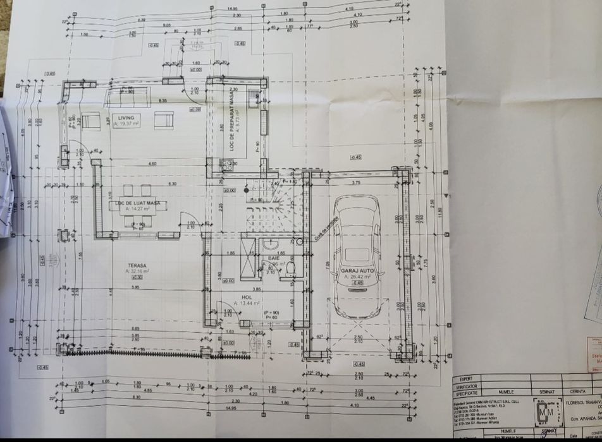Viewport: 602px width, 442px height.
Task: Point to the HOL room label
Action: click(x=247, y=297)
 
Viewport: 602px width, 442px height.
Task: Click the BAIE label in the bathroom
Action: click(x=274, y=258)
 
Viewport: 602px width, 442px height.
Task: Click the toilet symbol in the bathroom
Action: click(x=290, y=270)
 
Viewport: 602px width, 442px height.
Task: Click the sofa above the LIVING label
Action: click(x=128, y=97)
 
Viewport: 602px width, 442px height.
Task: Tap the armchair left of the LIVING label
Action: click(x=91, y=119)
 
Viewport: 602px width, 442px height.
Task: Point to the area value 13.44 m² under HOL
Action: click(x=248, y=303)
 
